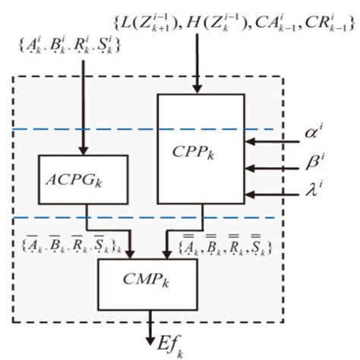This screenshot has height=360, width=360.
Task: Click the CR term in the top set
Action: coord(320,24)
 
